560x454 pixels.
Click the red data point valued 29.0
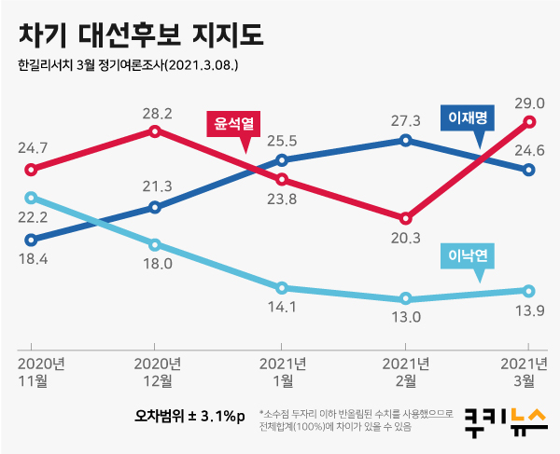(x=529, y=122)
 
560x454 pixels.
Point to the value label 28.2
(x=156, y=114)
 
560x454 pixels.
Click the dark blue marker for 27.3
(x=405, y=141)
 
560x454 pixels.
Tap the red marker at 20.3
(x=405, y=218)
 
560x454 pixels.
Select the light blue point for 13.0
(x=405, y=299)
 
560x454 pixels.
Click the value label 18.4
(x=31, y=258)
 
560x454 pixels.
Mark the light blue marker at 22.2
(x=31, y=198)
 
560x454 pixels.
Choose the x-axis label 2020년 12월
(x=156, y=371)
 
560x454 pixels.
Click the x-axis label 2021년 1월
(x=281, y=371)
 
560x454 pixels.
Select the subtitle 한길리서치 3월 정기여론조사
(x=128, y=66)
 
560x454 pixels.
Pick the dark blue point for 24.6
(x=529, y=170)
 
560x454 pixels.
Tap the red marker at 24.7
(x=31, y=170)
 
